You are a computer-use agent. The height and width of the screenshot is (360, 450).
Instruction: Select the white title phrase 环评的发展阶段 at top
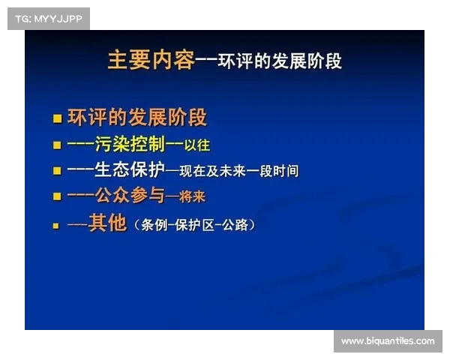coord(280,61)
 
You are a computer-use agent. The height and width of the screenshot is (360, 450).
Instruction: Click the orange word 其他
coord(108,223)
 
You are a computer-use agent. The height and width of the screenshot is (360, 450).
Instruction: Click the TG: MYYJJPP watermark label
coord(47,18)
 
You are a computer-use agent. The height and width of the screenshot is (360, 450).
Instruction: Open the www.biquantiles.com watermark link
coord(387,341)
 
